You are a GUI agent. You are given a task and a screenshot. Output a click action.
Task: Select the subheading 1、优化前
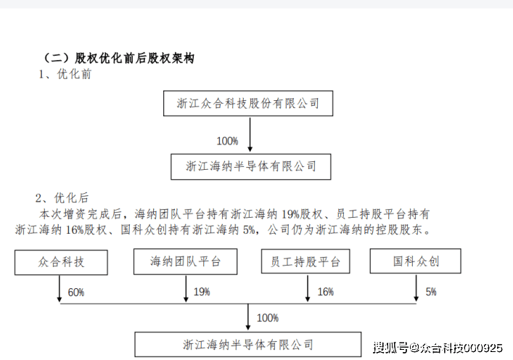pos(65,74)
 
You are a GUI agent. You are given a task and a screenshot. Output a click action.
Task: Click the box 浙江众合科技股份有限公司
pos(248,104)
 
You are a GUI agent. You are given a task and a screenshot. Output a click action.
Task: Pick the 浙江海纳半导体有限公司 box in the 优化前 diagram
pos(251,166)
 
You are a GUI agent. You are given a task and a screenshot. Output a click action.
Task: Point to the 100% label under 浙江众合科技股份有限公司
pos(227,140)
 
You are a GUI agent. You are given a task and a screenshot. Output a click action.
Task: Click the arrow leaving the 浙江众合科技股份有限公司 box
pos(250,134)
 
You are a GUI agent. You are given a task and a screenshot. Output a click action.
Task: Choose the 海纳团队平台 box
pos(186,261)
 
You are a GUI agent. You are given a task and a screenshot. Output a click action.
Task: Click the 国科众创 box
pos(416,261)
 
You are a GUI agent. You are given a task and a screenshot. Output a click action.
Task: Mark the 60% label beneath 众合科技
pos(75,292)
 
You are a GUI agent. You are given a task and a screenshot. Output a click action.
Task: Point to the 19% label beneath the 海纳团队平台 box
pos(201,292)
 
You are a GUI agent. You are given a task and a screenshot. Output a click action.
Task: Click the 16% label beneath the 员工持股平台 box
pos(325,292)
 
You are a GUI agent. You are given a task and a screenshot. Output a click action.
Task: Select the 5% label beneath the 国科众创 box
pos(431,292)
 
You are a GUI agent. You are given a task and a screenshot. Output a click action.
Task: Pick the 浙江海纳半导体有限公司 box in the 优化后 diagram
pos(248,344)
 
